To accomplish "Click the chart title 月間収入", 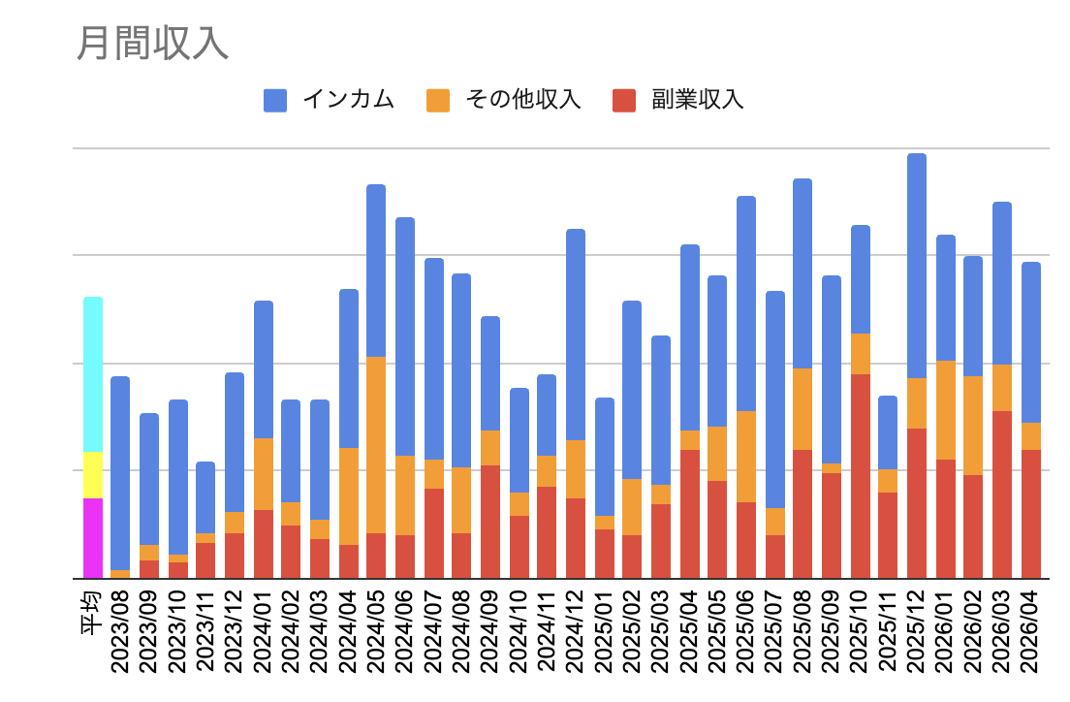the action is coord(152,44).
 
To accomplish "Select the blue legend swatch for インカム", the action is coord(275,101).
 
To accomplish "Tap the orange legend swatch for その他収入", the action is coord(438,101).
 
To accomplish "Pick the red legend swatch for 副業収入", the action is coord(624,101).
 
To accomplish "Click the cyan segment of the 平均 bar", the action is coord(93,374).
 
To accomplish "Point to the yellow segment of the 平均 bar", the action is coord(93,475).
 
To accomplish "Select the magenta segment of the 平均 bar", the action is coord(93,538).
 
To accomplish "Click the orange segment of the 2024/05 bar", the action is coord(376,444).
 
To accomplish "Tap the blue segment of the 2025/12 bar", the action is coord(917,266).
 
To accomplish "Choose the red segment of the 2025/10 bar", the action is coord(861,476).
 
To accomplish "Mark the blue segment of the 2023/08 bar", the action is coord(120,473).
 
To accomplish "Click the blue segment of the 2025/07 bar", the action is coord(775,399).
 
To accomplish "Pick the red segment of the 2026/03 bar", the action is coord(1002,495).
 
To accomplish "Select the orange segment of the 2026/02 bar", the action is coord(973,426).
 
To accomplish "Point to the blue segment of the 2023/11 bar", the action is coord(205,497).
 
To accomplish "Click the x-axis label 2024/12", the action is coord(576,631).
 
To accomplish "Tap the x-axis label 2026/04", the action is coord(1031,631).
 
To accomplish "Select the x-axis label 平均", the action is coord(92,613).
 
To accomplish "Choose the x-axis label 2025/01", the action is coord(605,631).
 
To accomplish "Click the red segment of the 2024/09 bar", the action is coord(490,522).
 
